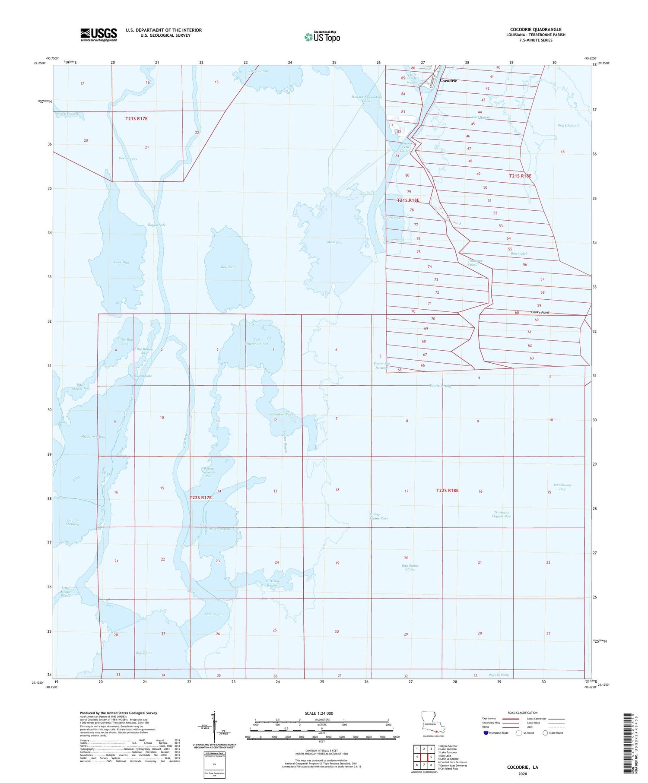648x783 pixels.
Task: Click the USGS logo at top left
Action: tap(98, 35)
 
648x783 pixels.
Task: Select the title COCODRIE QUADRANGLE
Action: tap(536, 29)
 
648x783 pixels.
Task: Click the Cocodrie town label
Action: tap(448, 81)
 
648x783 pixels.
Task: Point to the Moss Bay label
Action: tap(334, 242)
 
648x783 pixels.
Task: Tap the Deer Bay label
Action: tap(121, 263)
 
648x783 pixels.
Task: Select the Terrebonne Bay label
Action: tap(562, 487)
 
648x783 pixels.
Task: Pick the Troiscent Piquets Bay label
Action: tap(502, 514)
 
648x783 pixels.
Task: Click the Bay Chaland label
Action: tap(568, 126)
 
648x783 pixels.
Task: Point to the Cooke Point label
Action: tap(540, 312)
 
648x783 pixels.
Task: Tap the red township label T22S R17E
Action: tap(201, 498)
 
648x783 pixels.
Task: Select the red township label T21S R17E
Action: tap(137, 118)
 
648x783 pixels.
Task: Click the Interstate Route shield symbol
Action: tap(486, 733)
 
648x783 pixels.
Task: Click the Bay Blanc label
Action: tap(144, 653)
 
